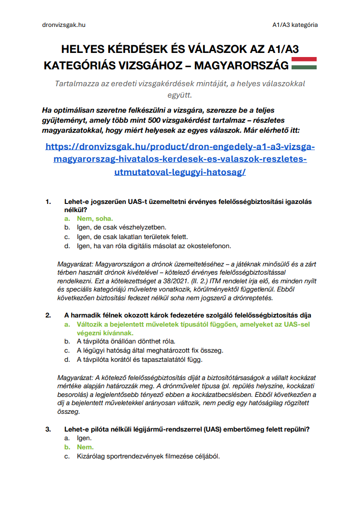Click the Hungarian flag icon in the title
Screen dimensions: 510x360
click(x=304, y=63)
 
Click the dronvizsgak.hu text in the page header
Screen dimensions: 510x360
click(x=61, y=25)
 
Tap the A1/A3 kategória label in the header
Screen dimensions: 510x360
click(x=295, y=25)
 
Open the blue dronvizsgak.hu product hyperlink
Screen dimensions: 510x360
click(x=180, y=160)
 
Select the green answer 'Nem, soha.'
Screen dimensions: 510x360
click(x=95, y=219)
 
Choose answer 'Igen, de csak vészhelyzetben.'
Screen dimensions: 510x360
click(x=121, y=227)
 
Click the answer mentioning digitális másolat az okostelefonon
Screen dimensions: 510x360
click(x=154, y=246)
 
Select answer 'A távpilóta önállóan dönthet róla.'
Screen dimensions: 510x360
click(x=126, y=341)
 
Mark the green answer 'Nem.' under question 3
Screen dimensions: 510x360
click(x=85, y=448)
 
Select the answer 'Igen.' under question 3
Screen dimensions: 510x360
click(x=84, y=438)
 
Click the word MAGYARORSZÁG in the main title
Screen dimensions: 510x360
click(x=241, y=66)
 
